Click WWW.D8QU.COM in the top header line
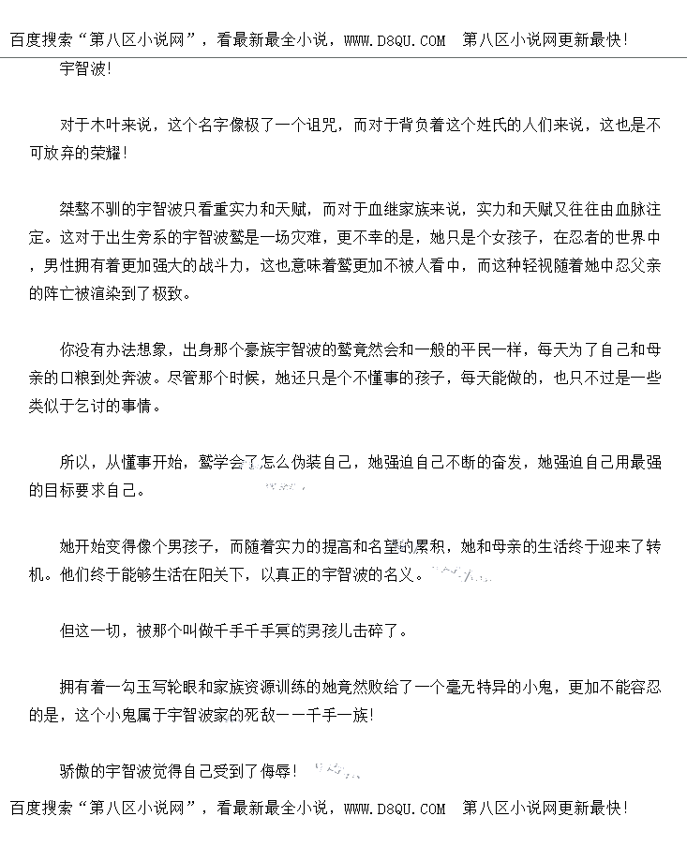coord(395,40)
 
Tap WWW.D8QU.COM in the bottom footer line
coord(395,808)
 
